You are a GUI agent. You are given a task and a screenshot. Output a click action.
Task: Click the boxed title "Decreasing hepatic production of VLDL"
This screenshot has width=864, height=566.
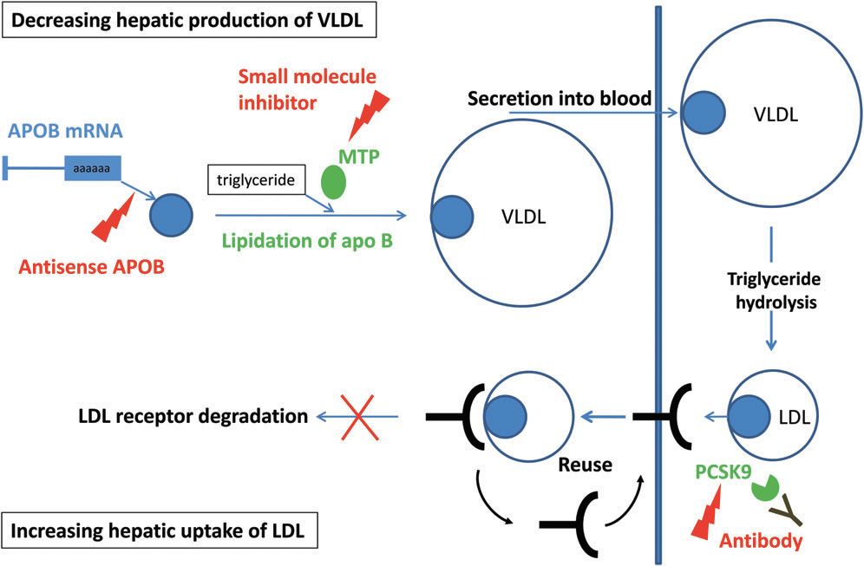pyautogui.click(x=189, y=21)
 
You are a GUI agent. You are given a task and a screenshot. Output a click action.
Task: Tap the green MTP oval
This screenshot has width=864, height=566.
pyautogui.click(x=333, y=182)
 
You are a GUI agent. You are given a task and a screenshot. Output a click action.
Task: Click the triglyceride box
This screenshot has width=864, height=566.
pyautogui.click(x=256, y=179)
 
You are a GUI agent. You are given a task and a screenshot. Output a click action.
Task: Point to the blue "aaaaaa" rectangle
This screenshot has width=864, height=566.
pyautogui.click(x=93, y=168)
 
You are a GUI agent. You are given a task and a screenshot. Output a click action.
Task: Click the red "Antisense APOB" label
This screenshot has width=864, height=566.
pyautogui.click(x=91, y=267)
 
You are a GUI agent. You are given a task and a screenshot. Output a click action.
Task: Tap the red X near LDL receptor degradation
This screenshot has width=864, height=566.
pyautogui.click(x=360, y=417)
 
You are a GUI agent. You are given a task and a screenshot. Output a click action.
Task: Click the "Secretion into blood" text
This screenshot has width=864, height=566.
pyautogui.click(x=560, y=99)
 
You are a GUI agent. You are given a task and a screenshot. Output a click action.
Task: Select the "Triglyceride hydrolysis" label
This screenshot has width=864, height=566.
pyautogui.click(x=775, y=290)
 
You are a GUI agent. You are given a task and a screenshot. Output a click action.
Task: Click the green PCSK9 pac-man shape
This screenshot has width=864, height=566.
pyautogui.click(x=764, y=488)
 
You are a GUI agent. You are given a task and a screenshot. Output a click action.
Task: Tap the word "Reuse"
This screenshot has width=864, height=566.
pyautogui.click(x=585, y=465)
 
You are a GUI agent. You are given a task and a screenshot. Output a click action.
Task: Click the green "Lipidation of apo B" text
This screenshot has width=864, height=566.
pyautogui.click(x=307, y=241)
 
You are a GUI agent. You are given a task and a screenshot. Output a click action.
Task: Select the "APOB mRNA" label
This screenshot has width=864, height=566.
pyautogui.click(x=65, y=131)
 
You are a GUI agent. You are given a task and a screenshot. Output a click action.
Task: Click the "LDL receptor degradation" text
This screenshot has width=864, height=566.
pyautogui.click(x=193, y=416)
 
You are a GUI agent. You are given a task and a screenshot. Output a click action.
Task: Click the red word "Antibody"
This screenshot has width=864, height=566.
pyautogui.click(x=761, y=541)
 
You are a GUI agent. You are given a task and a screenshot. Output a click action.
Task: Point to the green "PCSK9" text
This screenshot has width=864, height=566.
pyautogui.click(x=723, y=472)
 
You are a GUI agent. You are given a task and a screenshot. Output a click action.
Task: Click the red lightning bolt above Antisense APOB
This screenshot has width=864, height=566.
pyautogui.click(x=114, y=217)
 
